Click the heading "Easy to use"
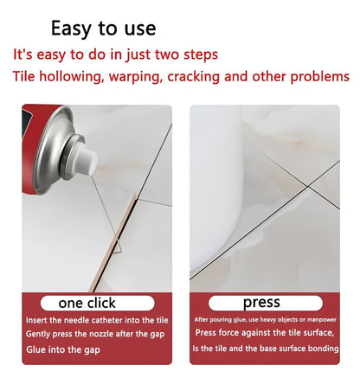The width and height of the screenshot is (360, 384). click(103, 27)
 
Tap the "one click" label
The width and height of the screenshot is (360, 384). click(87, 303)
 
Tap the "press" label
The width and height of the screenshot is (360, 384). click(260, 303)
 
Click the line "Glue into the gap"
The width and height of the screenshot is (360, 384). click(63, 349)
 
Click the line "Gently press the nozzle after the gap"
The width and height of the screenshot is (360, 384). click(95, 335)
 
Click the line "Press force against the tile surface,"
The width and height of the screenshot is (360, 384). click(264, 332)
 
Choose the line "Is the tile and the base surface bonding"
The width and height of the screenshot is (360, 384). click(265, 349)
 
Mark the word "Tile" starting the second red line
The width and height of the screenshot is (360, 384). click(24, 76)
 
